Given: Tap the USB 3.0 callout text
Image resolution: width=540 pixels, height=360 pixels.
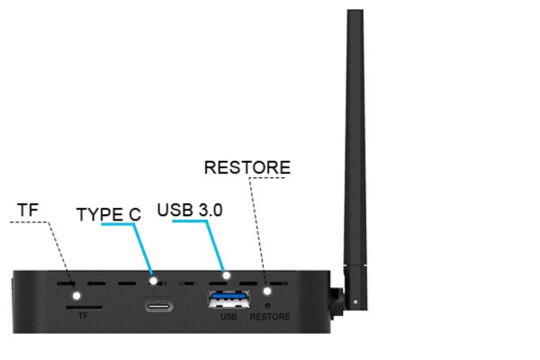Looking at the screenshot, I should pyautogui.click(x=190, y=210).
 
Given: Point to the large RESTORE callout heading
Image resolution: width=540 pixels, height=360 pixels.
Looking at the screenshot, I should pyautogui.click(x=247, y=167).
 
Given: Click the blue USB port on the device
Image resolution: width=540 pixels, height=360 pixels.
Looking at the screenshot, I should pyautogui.click(x=228, y=299).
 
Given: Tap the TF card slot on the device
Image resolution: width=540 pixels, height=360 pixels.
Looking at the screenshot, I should pyautogui.click(x=83, y=305).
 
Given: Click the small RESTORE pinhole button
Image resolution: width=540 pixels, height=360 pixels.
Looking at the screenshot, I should pyautogui.click(x=267, y=304).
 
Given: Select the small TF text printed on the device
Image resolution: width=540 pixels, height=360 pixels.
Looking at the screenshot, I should pyautogui.click(x=83, y=316).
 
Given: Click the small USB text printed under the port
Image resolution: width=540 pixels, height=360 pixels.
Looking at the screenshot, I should pyautogui.click(x=228, y=316).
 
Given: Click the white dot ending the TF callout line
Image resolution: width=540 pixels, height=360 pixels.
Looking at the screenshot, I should pyautogui.click(x=77, y=295).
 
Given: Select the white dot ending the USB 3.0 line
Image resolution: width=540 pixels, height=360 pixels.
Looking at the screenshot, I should pyautogui.click(x=228, y=275).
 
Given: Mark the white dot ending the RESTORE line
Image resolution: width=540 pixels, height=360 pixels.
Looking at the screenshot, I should pyautogui.click(x=267, y=290).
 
